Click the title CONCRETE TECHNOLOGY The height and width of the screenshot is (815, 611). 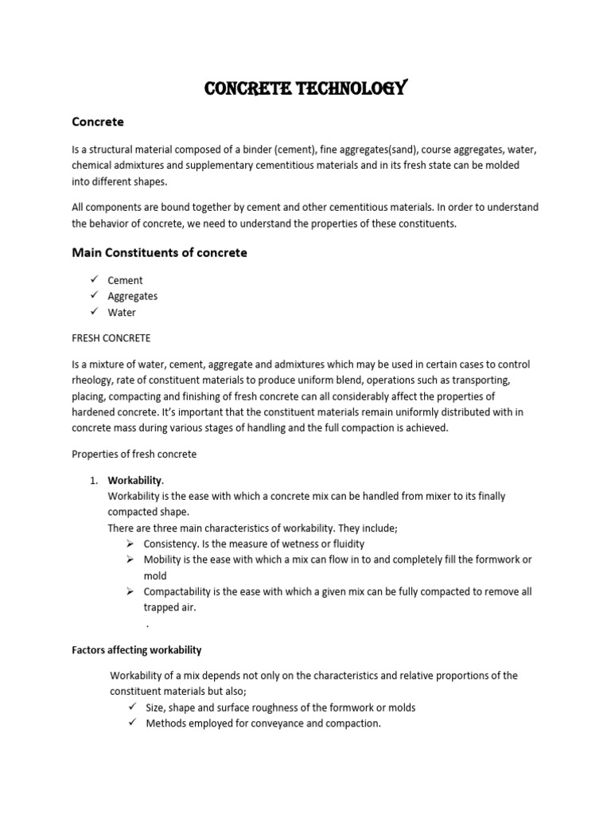305,88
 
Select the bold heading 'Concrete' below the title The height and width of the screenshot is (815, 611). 98,122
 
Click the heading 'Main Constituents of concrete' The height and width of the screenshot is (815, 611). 159,252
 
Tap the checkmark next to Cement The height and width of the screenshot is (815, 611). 93,279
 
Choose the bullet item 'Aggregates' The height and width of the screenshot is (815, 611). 132,296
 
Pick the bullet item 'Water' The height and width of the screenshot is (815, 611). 122,313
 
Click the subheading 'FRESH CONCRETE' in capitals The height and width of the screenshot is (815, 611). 111,338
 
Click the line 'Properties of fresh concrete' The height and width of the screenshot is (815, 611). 134,454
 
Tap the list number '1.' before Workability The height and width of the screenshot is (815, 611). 93,480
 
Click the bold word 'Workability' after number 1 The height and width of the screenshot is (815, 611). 134,480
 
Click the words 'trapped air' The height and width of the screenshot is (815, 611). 169,607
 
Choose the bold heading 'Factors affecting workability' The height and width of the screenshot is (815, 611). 136,650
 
